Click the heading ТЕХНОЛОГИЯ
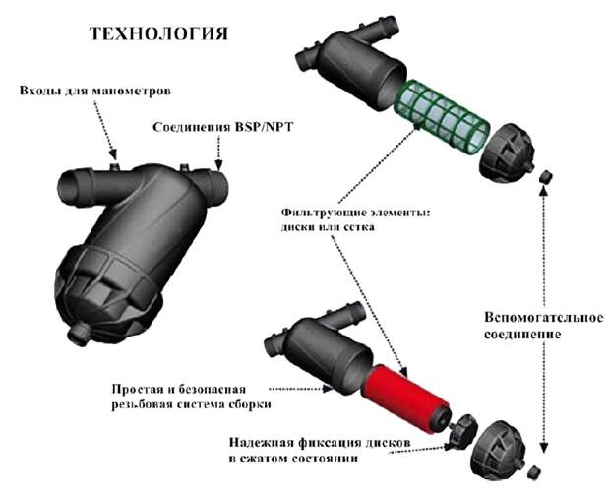click(158, 33)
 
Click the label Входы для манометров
click(95, 91)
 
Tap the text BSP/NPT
click(263, 127)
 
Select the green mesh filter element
click(442, 113)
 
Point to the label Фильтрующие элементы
click(357, 213)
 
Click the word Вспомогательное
click(544, 317)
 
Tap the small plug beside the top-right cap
click(546, 176)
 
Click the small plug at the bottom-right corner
click(534, 472)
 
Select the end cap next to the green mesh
click(507, 152)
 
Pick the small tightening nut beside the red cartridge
click(461, 432)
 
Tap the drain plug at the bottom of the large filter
click(79, 334)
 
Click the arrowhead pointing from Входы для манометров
click(113, 154)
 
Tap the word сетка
click(360, 227)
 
